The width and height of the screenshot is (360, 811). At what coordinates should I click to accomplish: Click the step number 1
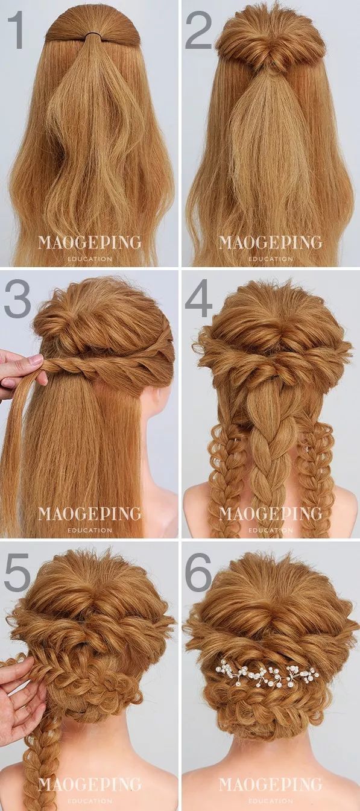point(16,30)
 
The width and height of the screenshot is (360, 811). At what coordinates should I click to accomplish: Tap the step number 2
point(198,30)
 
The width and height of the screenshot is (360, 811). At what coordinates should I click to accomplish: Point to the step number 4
point(198,298)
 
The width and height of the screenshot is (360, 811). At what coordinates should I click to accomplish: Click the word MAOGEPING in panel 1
point(89,242)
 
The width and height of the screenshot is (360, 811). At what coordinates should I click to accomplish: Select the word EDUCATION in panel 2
point(271,259)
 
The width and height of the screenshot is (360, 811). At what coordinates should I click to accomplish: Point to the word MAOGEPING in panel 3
point(89,514)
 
